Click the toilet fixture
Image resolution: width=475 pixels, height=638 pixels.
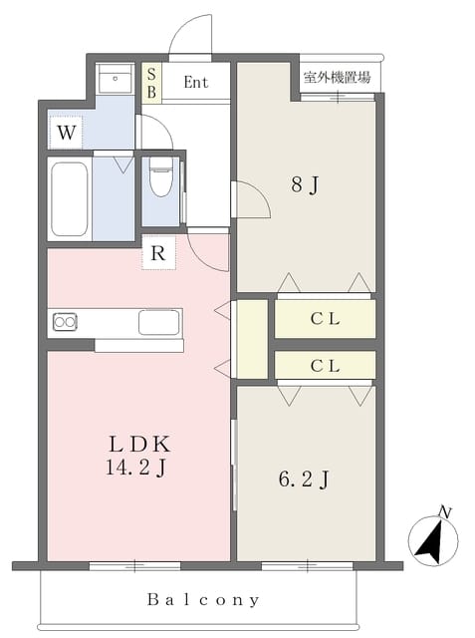click(161, 176)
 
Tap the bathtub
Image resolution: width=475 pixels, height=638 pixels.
click(70, 199)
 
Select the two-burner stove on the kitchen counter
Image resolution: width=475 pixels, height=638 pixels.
click(65, 322)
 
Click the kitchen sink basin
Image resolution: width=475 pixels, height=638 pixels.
click(159, 322)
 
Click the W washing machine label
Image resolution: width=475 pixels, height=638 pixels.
click(67, 133)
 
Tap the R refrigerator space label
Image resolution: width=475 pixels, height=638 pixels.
click(158, 253)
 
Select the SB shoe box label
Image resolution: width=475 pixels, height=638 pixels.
click(151, 83)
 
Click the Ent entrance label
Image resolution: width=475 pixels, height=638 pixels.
click(196, 82)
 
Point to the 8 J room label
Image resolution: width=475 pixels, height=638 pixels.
click(305, 184)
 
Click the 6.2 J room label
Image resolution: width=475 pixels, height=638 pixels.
click(304, 478)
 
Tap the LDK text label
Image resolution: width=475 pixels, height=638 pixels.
click(139, 445)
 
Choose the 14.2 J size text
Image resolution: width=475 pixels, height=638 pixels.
click(135, 468)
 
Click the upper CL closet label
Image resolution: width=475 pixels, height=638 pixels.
click(325, 319)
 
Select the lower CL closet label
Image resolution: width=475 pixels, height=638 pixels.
click(325, 366)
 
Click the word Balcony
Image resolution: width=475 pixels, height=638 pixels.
click(203, 600)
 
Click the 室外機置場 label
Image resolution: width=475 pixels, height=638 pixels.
click(338, 77)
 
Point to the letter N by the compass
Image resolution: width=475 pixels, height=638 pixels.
click(446, 512)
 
